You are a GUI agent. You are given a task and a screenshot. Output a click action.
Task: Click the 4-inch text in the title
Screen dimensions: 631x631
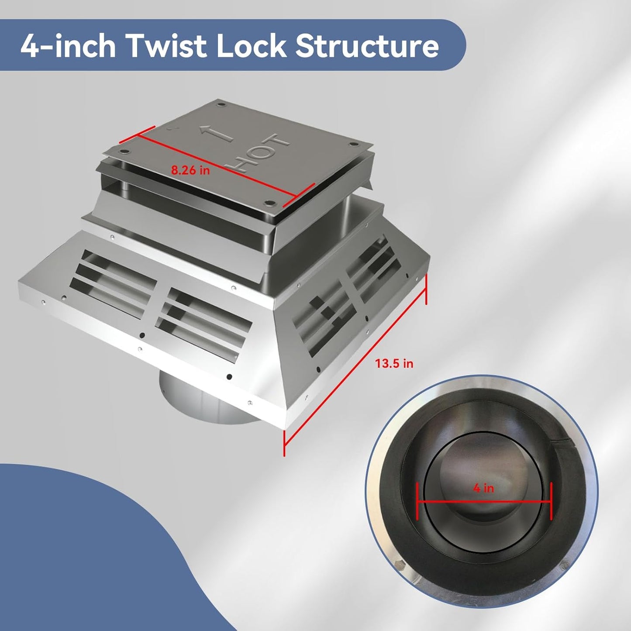[68, 46]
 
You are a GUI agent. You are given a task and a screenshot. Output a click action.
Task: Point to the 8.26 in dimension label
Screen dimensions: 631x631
[190, 170]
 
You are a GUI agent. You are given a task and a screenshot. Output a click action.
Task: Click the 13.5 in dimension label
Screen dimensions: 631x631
[394, 363]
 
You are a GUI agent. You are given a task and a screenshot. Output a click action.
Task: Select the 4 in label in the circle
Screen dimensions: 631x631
[483, 489]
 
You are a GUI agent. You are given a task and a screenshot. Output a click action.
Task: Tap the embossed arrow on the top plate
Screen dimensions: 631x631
[216, 134]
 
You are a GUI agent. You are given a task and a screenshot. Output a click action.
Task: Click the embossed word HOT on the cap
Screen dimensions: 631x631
[259, 152]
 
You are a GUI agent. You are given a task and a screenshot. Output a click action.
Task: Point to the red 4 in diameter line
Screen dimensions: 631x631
[484, 501]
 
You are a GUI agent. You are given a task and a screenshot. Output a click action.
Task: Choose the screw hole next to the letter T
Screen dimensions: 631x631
[354, 144]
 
